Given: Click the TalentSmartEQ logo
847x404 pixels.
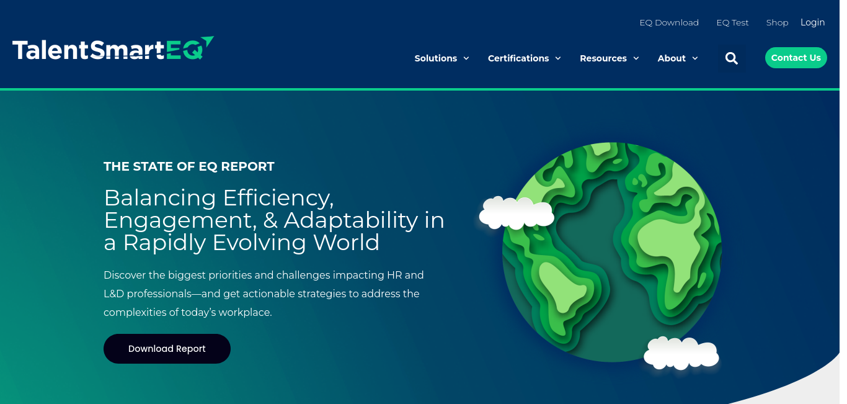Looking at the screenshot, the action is coord(113,48).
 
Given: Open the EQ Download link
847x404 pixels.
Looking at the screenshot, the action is coord(669,23).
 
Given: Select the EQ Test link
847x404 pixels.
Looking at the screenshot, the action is coord(732,23).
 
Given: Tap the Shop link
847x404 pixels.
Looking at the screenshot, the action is coord(777,23).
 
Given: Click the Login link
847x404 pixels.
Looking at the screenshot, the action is coord(813,23).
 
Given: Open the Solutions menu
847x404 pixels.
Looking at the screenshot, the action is coord(441,58).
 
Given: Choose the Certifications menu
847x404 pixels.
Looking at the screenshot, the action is coord(524,58).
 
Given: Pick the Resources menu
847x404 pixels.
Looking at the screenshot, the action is coord(609,58).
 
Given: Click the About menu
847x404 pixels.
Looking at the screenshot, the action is coord(678,58).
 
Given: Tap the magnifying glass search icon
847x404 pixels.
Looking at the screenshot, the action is coord(731,58).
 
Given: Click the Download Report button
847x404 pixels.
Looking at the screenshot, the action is coord(167,349).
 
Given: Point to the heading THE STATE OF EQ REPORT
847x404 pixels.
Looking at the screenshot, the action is coord(188,166).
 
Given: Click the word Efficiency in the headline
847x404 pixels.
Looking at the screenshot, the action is coord(278,198).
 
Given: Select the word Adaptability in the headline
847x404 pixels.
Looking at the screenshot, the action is coord(351,220).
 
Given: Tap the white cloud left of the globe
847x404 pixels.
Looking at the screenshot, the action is coord(516,213).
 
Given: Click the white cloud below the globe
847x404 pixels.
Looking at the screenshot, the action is coord(681,353).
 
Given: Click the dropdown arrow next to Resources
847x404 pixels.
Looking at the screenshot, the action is coord(636,58).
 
